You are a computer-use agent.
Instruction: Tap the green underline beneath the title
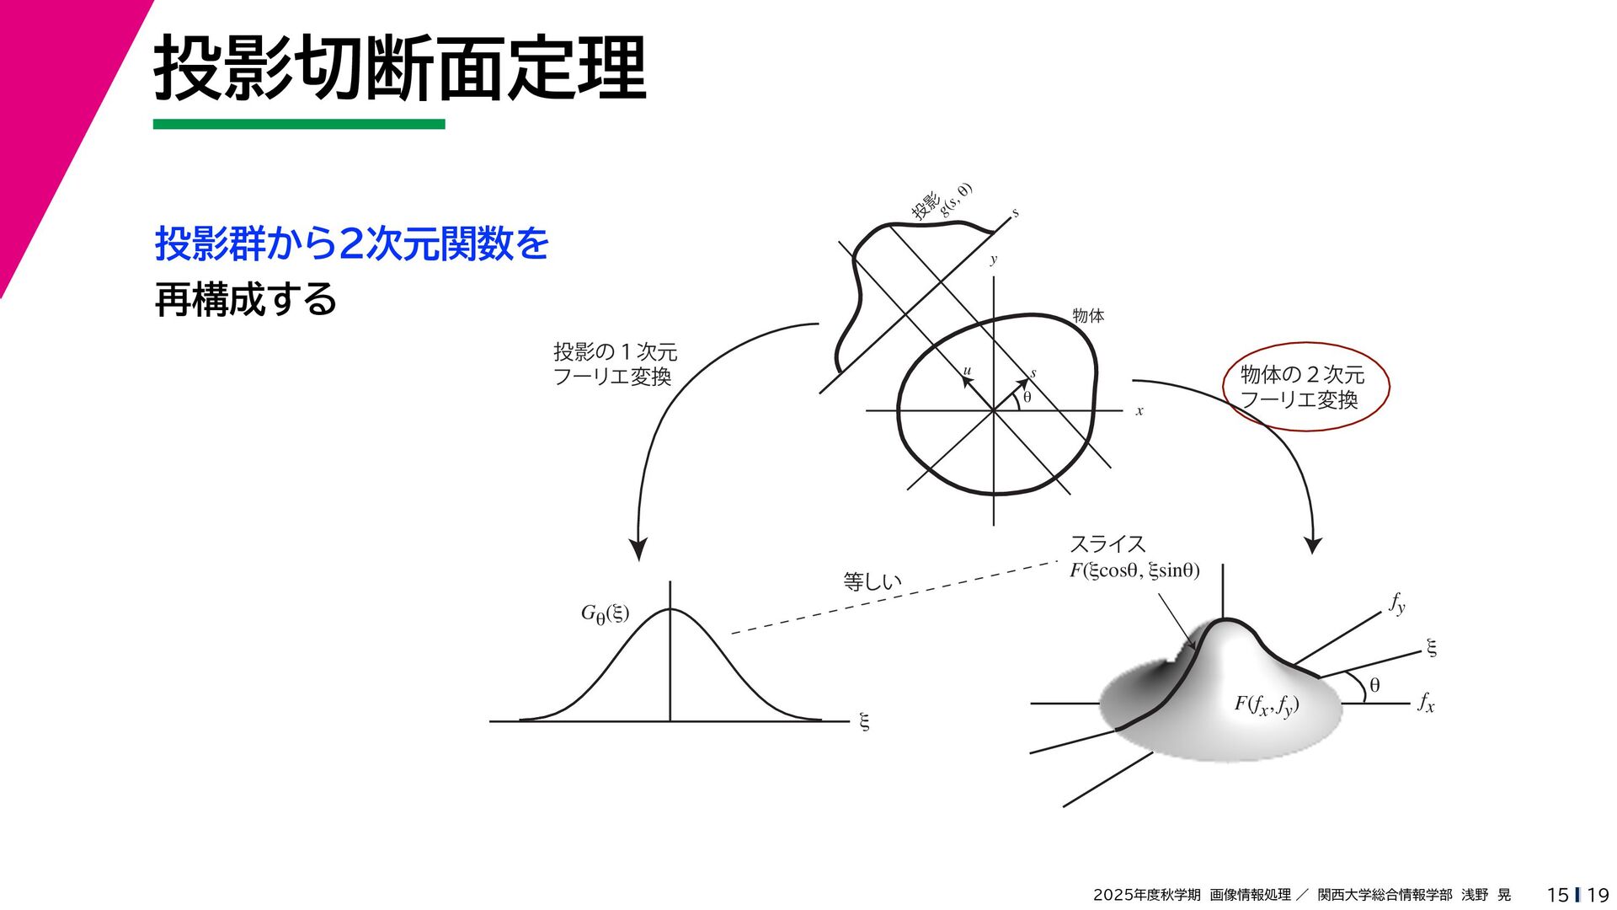(x=298, y=124)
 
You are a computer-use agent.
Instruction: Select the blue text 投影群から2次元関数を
(x=352, y=244)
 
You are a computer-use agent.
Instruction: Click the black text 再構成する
(x=245, y=299)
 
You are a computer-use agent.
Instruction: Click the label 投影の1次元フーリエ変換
(x=615, y=364)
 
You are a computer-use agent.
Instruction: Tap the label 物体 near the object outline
(x=1088, y=316)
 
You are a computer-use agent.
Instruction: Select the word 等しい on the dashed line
(x=873, y=581)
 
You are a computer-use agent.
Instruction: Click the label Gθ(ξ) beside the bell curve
(x=605, y=614)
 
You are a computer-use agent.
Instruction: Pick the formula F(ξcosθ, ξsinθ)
(x=1134, y=570)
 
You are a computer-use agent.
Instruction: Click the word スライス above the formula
(x=1107, y=544)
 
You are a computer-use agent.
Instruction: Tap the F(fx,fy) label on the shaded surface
(x=1266, y=704)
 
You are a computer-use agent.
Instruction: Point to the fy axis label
(x=1397, y=603)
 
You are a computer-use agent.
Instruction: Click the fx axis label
(x=1426, y=703)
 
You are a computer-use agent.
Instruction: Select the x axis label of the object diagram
(x=1139, y=411)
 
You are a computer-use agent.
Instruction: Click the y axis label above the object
(x=994, y=260)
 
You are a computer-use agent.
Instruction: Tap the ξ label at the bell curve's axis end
(x=863, y=721)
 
